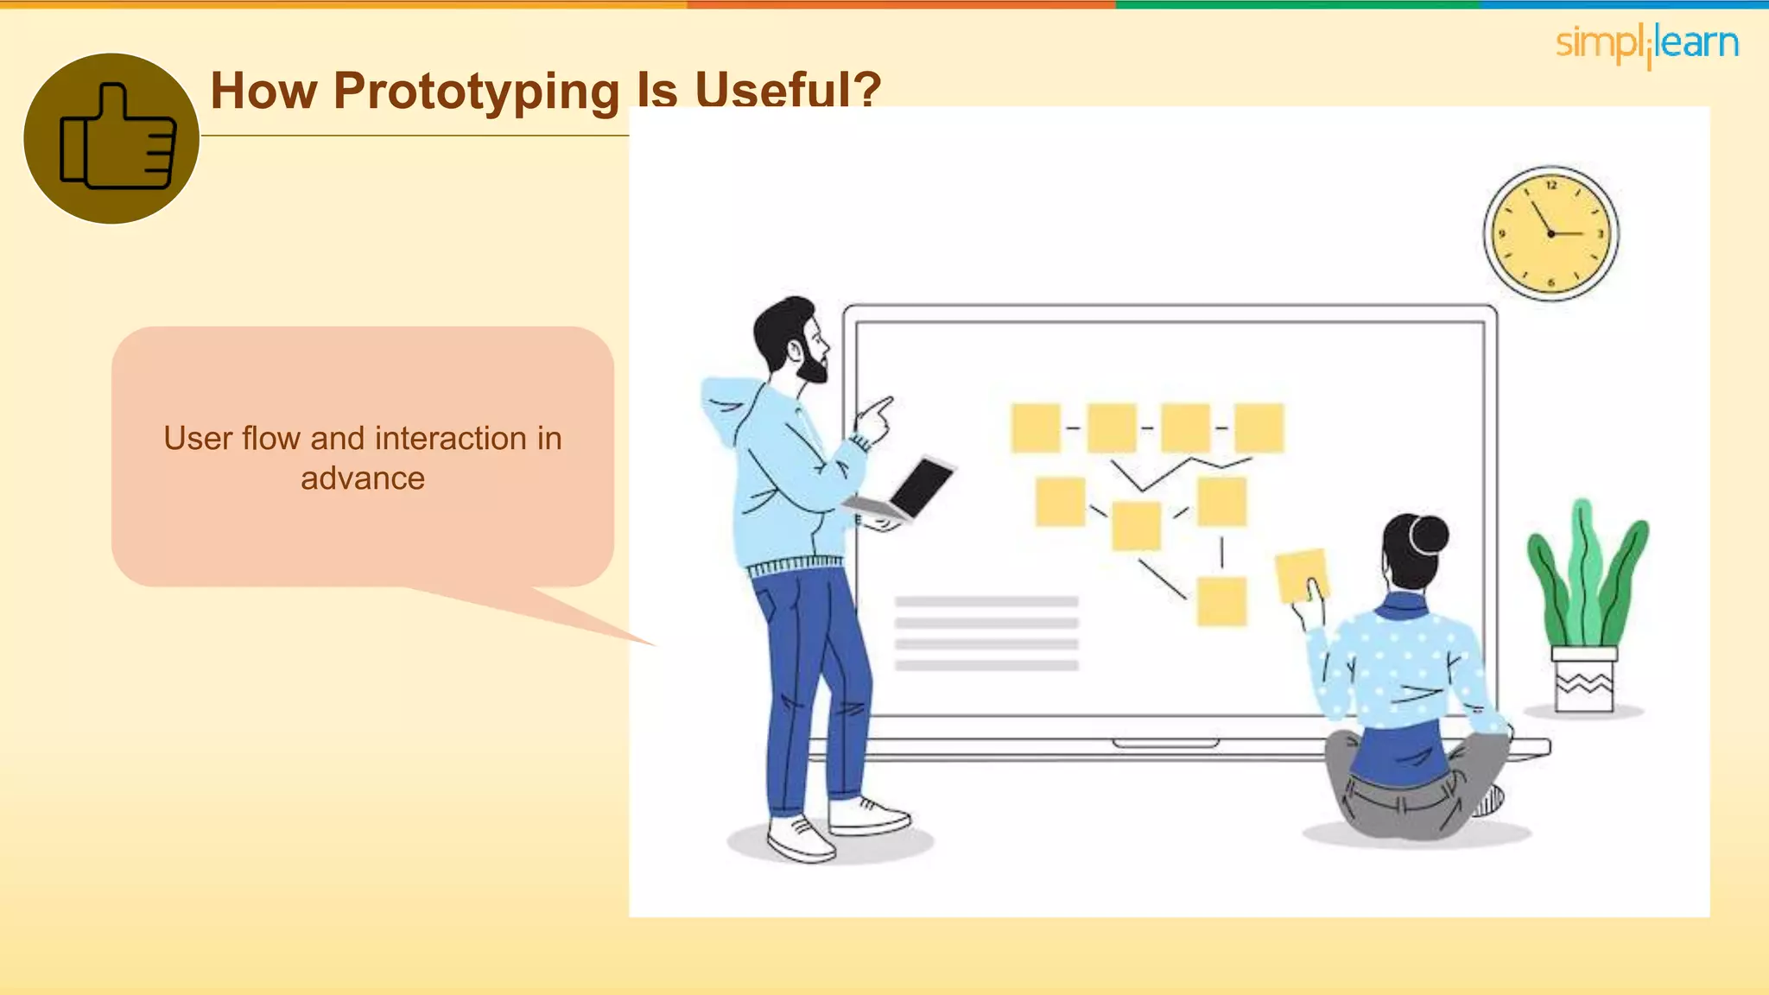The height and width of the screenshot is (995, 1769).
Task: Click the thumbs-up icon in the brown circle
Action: coord(117,138)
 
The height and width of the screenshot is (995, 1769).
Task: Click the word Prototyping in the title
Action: coord(476,92)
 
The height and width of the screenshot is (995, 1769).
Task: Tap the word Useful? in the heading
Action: coord(788,90)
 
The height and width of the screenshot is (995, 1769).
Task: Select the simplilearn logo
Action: coord(1646,44)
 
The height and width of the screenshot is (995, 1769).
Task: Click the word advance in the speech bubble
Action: coord(363,478)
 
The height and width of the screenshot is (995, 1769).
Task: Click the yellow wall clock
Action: coord(1551,233)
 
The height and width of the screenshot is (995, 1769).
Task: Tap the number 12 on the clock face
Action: coord(1551,185)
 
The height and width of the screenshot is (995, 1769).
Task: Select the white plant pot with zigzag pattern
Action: coord(1584,681)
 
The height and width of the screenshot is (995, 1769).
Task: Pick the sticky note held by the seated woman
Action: coord(1301,574)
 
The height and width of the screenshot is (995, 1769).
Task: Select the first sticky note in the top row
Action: coord(1036,428)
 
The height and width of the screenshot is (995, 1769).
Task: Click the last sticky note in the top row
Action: coord(1259,428)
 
